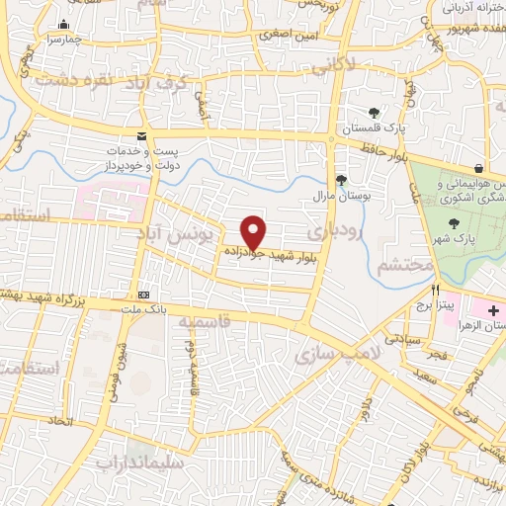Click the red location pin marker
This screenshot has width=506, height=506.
click(x=254, y=231)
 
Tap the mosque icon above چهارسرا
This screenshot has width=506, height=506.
click(x=65, y=25)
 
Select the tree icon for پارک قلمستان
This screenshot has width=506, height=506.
click(x=373, y=113)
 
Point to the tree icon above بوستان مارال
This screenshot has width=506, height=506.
click(x=341, y=179)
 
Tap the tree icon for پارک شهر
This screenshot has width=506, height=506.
click(x=453, y=222)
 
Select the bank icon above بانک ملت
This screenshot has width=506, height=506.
click(x=145, y=294)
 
